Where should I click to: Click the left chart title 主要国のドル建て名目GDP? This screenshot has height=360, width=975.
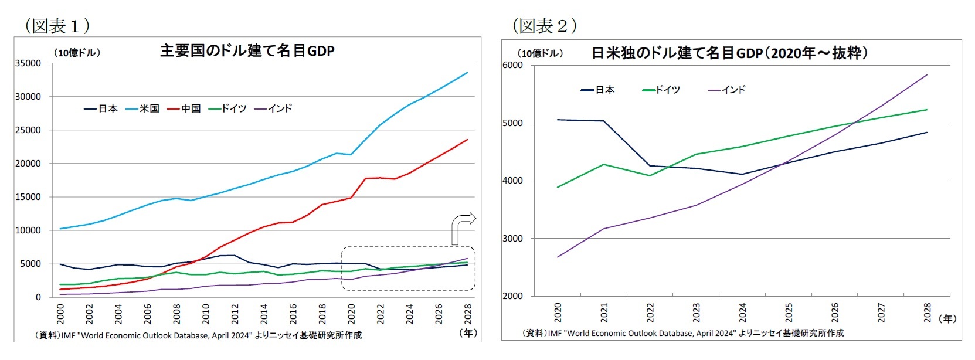pyautogui.click(x=247, y=51)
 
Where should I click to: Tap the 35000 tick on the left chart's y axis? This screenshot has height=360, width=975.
pyautogui.click(x=28, y=63)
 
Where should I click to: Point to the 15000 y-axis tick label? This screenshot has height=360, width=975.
pyautogui.click(x=28, y=197)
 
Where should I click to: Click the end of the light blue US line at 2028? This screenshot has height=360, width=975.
pyautogui.click(x=467, y=73)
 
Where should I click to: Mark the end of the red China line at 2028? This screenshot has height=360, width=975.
pyautogui.click(x=467, y=140)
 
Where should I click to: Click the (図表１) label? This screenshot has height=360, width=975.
pyautogui.click(x=57, y=26)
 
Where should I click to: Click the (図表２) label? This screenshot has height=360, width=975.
pyautogui.click(x=544, y=26)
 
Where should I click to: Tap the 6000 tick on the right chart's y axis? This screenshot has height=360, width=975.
pyautogui.click(x=512, y=65)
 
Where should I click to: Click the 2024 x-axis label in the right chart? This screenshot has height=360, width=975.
pyautogui.click(x=742, y=313)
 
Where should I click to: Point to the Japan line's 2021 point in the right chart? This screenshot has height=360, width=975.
pyautogui.click(x=604, y=121)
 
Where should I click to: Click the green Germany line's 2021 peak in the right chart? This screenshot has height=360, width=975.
pyautogui.click(x=604, y=164)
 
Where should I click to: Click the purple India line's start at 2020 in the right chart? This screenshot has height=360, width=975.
pyautogui.click(x=558, y=257)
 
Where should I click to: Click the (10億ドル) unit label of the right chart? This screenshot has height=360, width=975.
pyautogui.click(x=540, y=53)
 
